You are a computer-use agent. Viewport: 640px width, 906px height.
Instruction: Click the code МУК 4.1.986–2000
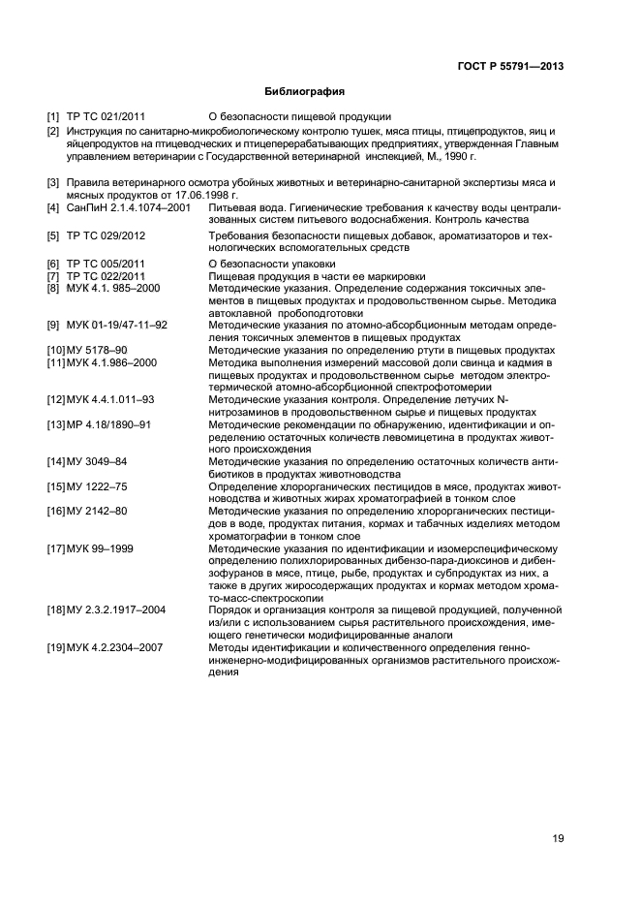coord(113,361)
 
